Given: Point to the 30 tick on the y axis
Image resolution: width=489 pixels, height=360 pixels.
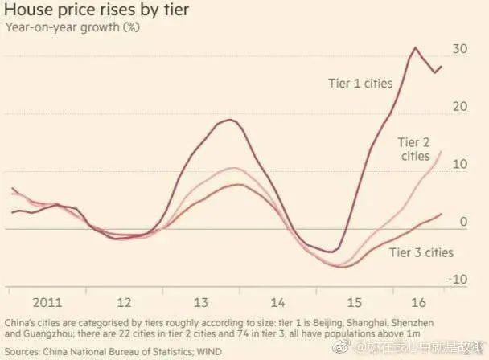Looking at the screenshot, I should pyautogui.click(x=459, y=49).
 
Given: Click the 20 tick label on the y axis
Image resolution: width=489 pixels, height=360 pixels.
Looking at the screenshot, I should pyautogui.click(x=459, y=107).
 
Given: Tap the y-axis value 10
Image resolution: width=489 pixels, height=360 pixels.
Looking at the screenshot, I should pyautogui.click(x=459, y=164).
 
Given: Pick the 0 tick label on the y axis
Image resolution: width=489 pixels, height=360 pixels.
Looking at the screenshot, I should pyautogui.click(x=463, y=222).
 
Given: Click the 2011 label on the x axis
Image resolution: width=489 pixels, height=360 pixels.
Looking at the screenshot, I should pyautogui.click(x=48, y=302).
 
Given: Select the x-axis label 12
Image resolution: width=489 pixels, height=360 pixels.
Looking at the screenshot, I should pyautogui.click(x=125, y=302).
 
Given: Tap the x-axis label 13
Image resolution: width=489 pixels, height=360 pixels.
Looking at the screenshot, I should pyautogui.click(x=201, y=302).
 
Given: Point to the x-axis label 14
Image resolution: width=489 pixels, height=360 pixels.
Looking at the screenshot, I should pyautogui.click(x=277, y=302).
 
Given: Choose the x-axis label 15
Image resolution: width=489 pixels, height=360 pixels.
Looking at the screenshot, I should pyautogui.click(x=354, y=302).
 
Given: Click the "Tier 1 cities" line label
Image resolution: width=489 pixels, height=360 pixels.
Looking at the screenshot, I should pyautogui.click(x=360, y=83).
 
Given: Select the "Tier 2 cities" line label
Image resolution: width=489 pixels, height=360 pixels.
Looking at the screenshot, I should pyautogui.click(x=416, y=149).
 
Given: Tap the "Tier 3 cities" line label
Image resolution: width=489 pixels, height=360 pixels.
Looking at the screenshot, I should pyautogui.click(x=421, y=252).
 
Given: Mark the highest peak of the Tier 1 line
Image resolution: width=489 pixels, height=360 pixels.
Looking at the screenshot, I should pyautogui.click(x=416, y=47).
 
